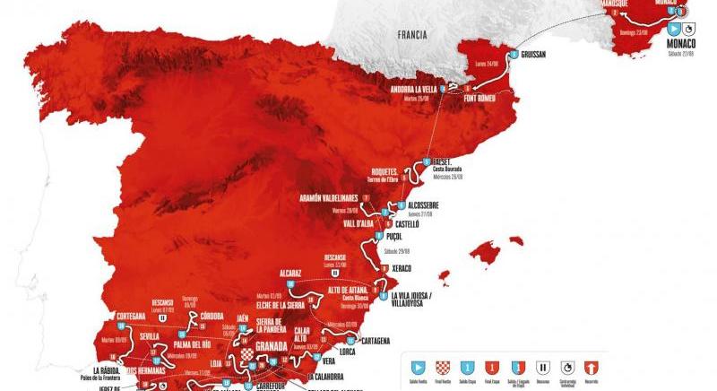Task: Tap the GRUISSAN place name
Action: click(538, 54)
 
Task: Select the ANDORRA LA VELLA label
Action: click(417, 90)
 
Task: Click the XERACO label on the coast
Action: click(404, 268)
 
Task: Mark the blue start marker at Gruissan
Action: click(514, 55)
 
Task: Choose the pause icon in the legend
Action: click(542, 366)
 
